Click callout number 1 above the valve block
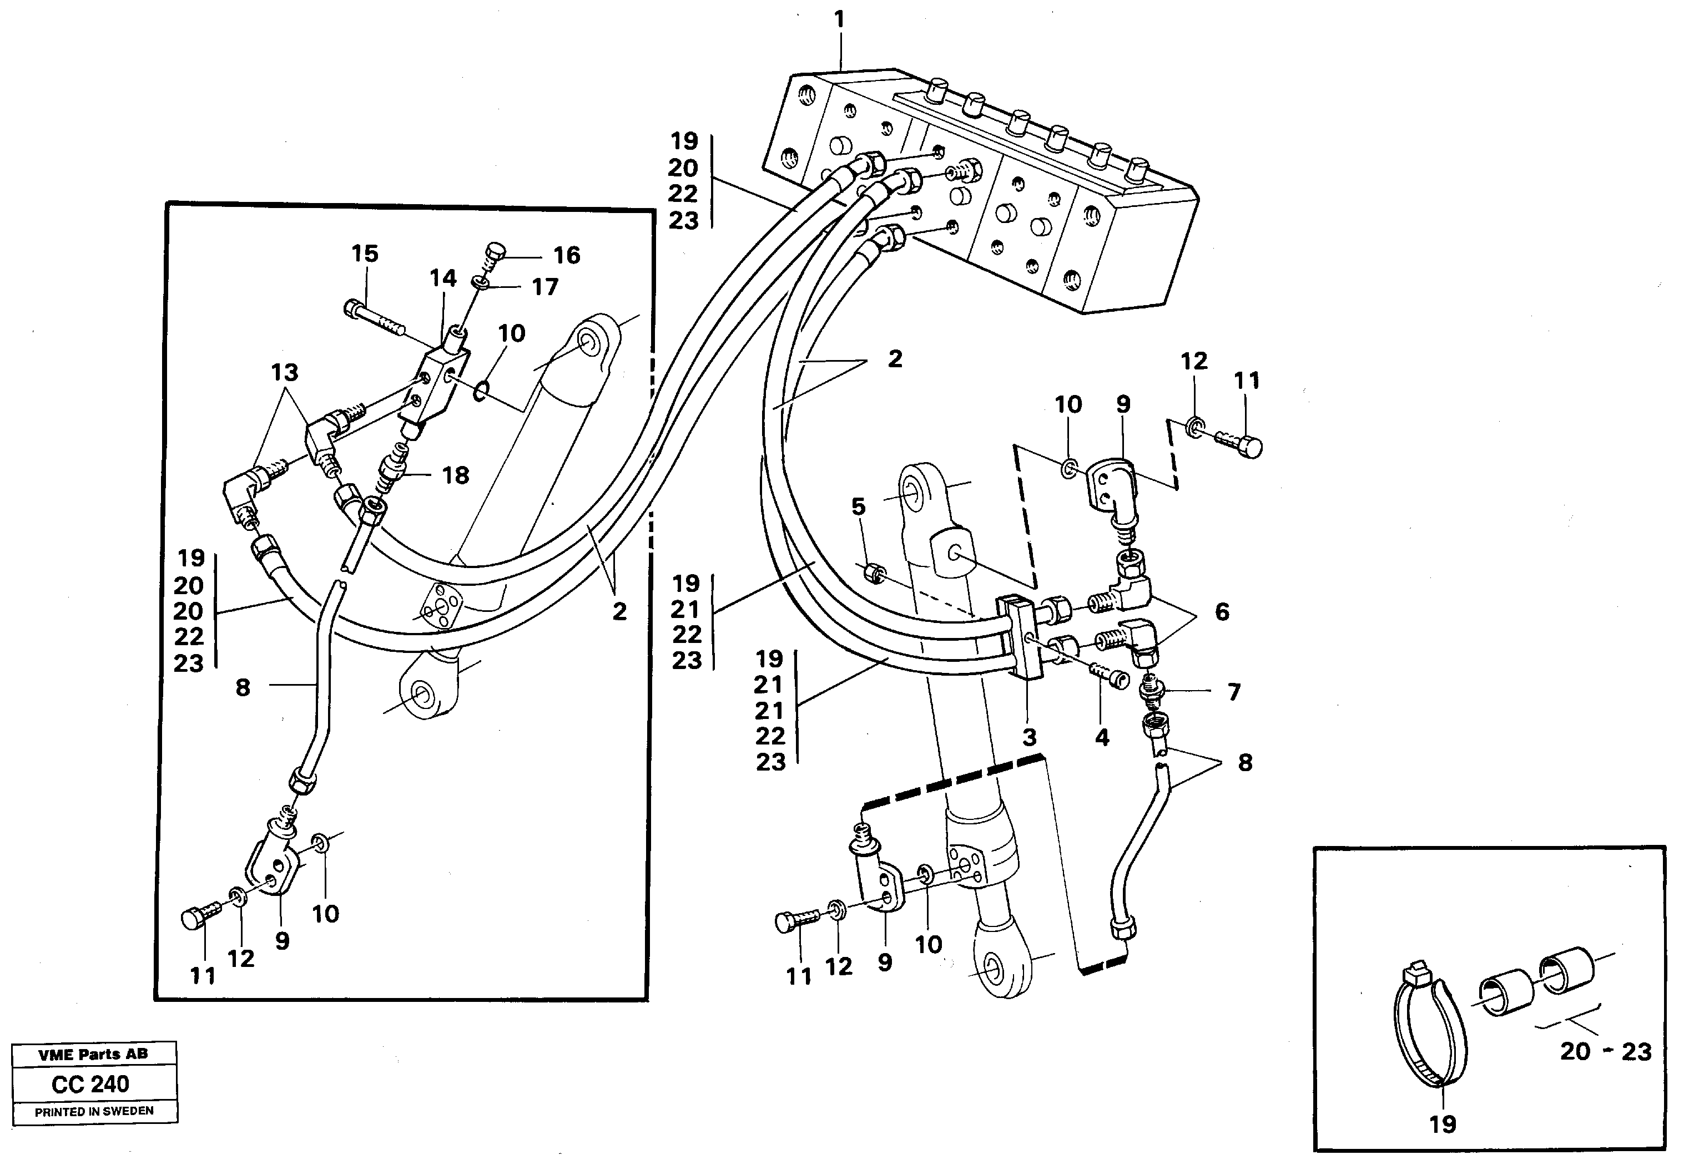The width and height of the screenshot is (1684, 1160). click(x=840, y=19)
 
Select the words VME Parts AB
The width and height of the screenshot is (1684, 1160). click(x=93, y=1054)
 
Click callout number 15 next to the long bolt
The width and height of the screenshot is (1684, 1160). click(x=365, y=254)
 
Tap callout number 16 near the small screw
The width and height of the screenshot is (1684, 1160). click(x=567, y=255)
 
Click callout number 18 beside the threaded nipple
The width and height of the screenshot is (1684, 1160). click(x=456, y=475)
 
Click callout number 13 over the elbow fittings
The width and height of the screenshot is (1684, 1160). click(x=284, y=373)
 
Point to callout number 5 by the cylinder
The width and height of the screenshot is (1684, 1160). click(x=859, y=506)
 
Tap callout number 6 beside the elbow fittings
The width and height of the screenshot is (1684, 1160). click(x=1222, y=611)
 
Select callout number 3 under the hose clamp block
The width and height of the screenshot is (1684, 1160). click(x=1029, y=738)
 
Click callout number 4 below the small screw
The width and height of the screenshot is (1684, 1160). click(x=1102, y=738)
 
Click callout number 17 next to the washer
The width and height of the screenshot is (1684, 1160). click(x=544, y=287)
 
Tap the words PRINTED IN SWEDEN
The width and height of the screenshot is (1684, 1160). click(x=94, y=1111)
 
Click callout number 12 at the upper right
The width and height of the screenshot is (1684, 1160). click(x=1194, y=361)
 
